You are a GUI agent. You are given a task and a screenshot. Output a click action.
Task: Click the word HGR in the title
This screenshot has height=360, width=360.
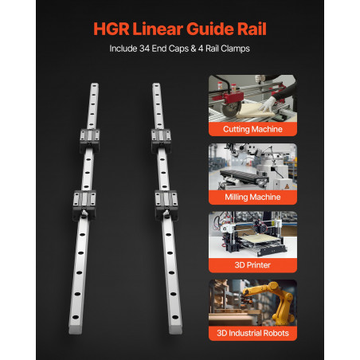(112, 29)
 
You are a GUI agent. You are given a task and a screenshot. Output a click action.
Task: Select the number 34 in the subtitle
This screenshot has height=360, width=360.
(144, 49)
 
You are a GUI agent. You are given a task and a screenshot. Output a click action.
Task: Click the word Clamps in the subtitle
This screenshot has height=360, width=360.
(235, 49)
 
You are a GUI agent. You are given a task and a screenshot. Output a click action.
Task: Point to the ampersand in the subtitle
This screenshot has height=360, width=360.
(194, 49)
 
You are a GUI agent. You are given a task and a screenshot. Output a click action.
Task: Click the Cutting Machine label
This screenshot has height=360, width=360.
(252, 129)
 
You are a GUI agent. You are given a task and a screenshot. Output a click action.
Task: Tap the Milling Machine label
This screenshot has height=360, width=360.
(252, 197)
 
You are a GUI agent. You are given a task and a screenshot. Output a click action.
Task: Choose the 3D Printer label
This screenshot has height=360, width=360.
(252, 265)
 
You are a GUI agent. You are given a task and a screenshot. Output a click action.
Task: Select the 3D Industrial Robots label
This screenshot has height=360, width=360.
(252, 333)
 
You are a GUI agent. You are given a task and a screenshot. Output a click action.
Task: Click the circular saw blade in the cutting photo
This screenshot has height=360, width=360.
(232, 109)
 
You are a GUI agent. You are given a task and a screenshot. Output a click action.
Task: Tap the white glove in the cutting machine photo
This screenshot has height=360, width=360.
(268, 104)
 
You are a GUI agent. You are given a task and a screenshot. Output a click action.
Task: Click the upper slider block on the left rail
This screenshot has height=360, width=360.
(90, 141)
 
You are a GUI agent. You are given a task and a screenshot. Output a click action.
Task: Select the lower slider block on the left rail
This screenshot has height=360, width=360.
(84, 205)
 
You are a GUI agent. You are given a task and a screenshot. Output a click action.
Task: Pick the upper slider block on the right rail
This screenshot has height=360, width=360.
(161, 141)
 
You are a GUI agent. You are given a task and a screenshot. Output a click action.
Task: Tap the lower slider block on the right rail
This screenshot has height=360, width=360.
(166, 205)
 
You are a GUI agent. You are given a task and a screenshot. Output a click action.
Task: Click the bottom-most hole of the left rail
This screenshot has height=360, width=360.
(76, 317)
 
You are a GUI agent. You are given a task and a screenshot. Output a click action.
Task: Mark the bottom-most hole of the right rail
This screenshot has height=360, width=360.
(175, 317)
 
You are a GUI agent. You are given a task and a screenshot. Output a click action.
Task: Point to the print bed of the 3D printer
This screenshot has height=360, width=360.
(261, 241)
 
